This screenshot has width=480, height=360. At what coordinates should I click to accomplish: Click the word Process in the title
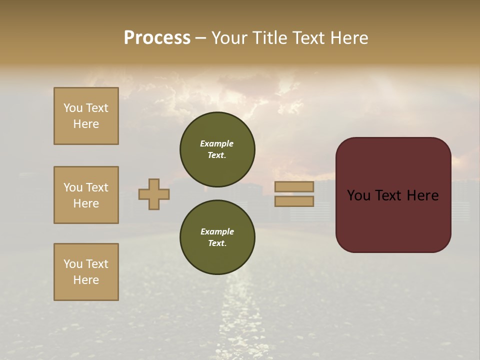coord(157,38)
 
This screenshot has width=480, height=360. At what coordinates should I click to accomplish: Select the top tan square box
coord(86,116)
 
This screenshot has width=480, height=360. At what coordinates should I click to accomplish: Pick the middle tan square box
coord(86,195)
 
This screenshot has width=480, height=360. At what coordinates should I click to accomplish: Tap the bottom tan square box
coord(86,272)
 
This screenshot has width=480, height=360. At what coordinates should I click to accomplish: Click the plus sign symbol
coord(154,194)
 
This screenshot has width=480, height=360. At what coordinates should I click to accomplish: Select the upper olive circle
coord(217,149)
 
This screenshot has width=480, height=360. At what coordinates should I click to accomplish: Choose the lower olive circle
coord(217,237)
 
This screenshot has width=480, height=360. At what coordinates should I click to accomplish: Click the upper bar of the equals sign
coord(294,186)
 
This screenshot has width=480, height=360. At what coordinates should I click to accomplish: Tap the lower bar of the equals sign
coord(294,201)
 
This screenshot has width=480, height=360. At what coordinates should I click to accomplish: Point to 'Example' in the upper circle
coord(216,143)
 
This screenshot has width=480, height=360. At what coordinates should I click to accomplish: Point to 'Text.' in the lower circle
coord(216,243)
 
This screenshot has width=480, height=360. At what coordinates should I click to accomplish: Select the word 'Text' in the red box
coord(390,195)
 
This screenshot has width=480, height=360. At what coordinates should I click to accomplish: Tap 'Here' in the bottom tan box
coord(86,280)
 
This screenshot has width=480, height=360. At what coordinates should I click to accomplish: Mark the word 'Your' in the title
coord(229,38)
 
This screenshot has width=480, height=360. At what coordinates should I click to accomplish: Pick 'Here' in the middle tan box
coord(86,203)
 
